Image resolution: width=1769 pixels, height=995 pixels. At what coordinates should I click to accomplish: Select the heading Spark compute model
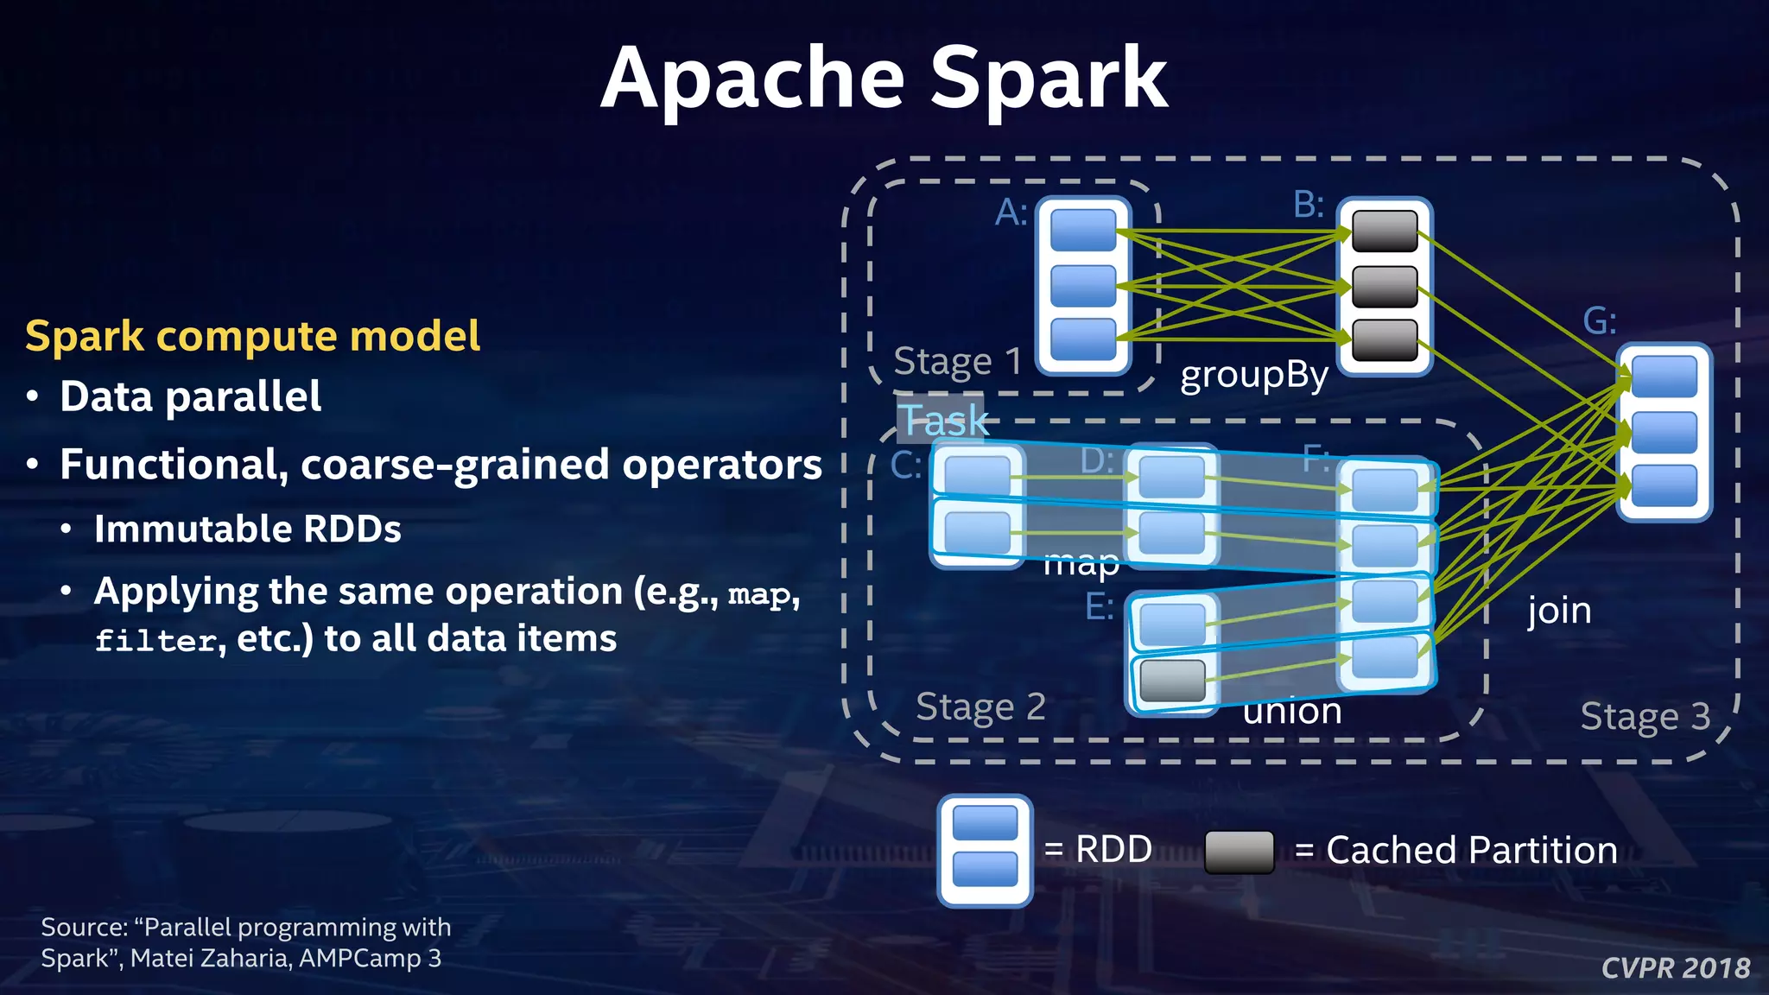[x=252, y=336]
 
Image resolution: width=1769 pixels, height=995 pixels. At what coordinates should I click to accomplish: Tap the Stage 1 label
[x=957, y=361]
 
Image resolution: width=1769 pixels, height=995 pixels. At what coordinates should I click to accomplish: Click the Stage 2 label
[x=980, y=707]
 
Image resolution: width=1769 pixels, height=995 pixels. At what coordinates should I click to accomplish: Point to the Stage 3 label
[x=1645, y=716]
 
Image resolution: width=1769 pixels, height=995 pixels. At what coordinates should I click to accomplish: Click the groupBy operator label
[x=1253, y=376]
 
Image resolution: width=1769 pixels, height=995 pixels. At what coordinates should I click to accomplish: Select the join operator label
[x=1559, y=611]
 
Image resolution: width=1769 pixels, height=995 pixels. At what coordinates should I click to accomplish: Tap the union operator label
[x=1292, y=712]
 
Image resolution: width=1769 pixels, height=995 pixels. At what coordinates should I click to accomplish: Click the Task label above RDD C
[x=945, y=421]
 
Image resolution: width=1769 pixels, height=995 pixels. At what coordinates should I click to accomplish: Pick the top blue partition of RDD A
[x=1083, y=231]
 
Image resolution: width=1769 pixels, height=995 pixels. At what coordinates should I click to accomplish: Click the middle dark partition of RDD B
[x=1385, y=287]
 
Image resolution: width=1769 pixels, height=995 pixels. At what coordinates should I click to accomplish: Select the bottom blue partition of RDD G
[x=1664, y=486]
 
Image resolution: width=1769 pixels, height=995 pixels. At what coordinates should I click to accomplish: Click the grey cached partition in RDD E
[x=1172, y=681]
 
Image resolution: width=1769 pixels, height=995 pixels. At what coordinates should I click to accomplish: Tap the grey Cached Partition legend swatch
[x=1239, y=852]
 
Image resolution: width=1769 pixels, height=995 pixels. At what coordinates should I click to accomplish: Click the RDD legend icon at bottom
[x=985, y=851]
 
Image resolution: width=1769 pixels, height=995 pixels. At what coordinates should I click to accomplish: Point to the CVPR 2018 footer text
[x=1675, y=967]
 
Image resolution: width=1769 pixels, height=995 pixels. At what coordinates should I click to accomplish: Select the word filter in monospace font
[x=155, y=640]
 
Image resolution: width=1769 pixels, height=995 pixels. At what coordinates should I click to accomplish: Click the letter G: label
[x=1599, y=321]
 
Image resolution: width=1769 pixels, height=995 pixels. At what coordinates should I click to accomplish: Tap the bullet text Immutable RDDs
[x=248, y=529]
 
